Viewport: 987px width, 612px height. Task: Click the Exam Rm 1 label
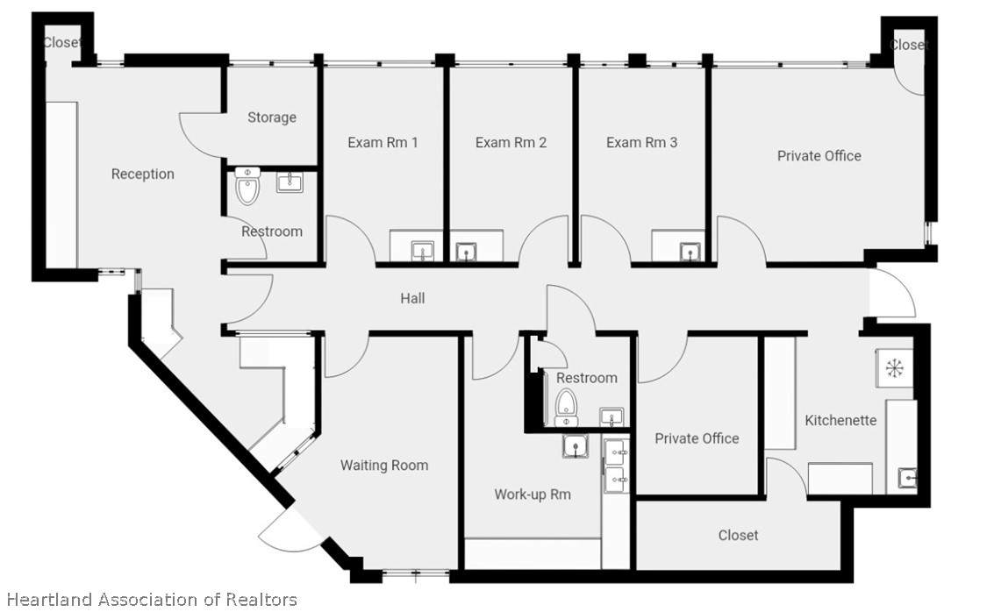[x=383, y=143]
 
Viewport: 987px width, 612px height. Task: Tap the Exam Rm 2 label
[x=511, y=143]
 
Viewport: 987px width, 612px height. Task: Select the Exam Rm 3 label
[x=641, y=143]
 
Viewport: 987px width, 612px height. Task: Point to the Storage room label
[x=272, y=117]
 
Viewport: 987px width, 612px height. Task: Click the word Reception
[x=143, y=174]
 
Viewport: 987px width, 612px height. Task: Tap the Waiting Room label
[x=384, y=466]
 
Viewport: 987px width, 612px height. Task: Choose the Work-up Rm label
[x=533, y=495]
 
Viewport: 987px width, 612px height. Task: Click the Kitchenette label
[x=840, y=420]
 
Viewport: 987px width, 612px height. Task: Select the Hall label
[x=412, y=298]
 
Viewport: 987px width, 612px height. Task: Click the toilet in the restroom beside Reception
[x=247, y=186]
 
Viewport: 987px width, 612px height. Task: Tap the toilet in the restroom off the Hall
[x=567, y=408]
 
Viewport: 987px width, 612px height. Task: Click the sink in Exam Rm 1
[x=422, y=251]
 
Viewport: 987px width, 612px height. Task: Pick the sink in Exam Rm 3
[x=690, y=252]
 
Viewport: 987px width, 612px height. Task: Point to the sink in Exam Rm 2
[x=466, y=252]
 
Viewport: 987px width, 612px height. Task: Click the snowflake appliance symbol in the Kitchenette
[x=894, y=368]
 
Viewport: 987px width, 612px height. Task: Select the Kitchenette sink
[x=907, y=478]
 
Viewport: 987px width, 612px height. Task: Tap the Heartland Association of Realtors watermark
[x=151, y=600]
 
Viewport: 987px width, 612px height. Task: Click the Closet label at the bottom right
[x=739, y=535]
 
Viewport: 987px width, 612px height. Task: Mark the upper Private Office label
[x=819, y=156]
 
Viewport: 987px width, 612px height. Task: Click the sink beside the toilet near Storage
[x=290, y=183]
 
